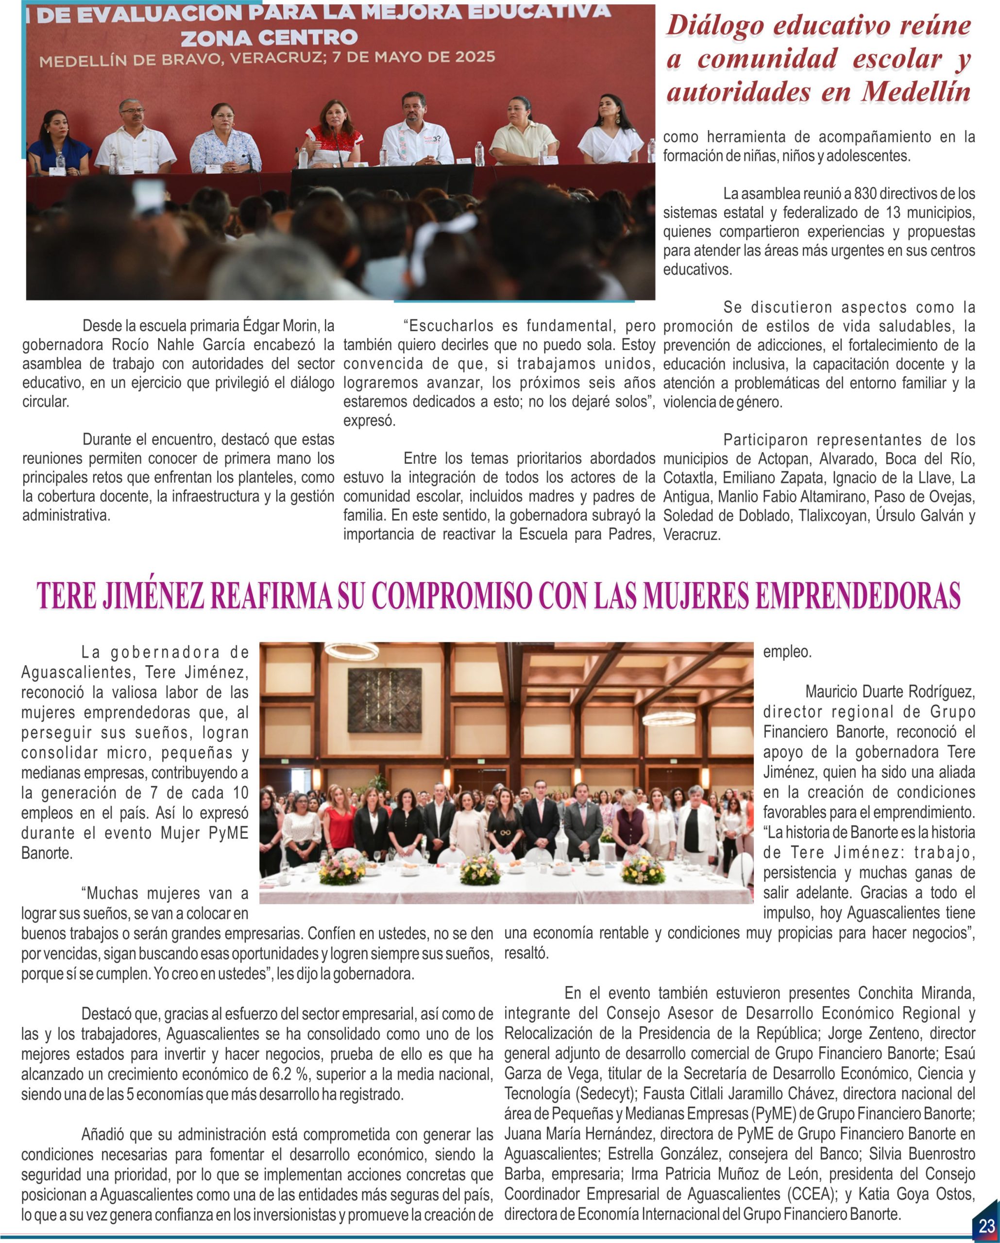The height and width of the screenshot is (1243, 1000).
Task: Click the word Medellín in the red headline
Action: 916,93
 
